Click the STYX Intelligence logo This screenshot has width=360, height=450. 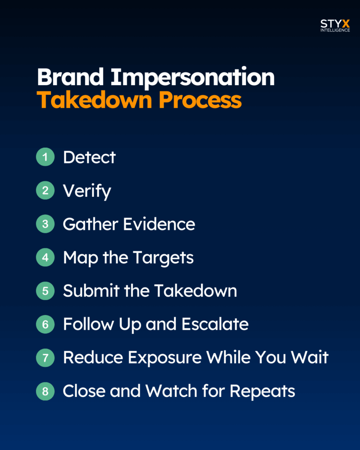pyautogui.click(x=335, y=25)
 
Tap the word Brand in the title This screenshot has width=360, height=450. pyautogui.click(x=70, y=77)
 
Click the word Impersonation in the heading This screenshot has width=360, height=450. pyautogui.click(x=193, y=77)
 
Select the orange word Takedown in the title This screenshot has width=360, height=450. pyautogui.click(x=94, y=100)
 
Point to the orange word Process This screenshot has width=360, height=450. pyautogui.click(x=200, y=100)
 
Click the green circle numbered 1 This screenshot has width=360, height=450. pyautogui.click(x=45, y=157)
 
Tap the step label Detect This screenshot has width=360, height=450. pyautogui.click(x=89, y=157)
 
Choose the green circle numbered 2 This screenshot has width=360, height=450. pyautogui.click(x=45, y=190)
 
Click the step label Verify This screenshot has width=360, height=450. pyautogui.click(x=87, y=192)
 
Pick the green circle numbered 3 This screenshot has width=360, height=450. pyautogui.click(x=45, y=224)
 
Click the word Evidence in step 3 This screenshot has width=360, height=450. pyautogui.click(x=159, y=224)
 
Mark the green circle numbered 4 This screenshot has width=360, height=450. pyautogui.click(x=45, y=258)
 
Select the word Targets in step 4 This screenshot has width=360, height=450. pyautogui.click(x=164, y=258)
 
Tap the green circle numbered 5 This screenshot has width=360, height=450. pyautogui.click(x=45, y=291)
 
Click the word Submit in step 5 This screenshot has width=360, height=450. pyautogui.click(x=91, y=291)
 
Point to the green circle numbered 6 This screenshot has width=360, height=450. pyautogui.click(x=45, y=324)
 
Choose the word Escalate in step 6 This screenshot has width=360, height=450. pyautogui.click(x=215, y=324)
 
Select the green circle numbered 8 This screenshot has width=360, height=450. pyautogui.click(x=45, y=391)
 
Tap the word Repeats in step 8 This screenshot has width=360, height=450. pyautogui.click(x=262, y=392)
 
